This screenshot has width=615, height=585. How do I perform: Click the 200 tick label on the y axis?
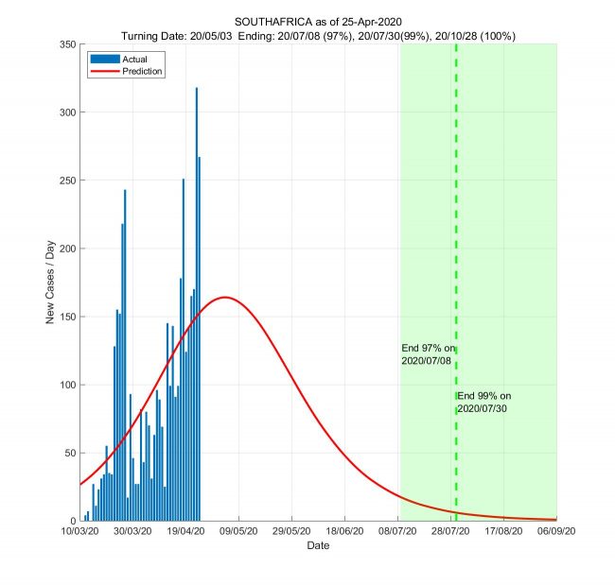[x=66, y=249]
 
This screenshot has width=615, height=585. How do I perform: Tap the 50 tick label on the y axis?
[x=69, y=453]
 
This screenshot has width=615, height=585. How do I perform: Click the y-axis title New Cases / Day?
[x=50, y=282]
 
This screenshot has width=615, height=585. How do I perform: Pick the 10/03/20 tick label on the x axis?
[x=80, y=532]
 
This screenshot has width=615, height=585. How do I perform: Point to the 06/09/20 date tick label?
[x=556, y=532]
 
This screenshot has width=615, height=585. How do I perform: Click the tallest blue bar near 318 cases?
[x=197, y=189]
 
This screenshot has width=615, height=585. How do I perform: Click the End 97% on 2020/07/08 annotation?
[x=428, y=354]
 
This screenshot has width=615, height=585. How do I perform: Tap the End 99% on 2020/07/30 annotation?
[x=484, y=402]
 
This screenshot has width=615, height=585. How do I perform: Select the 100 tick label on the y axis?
[x=66, y=385]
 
